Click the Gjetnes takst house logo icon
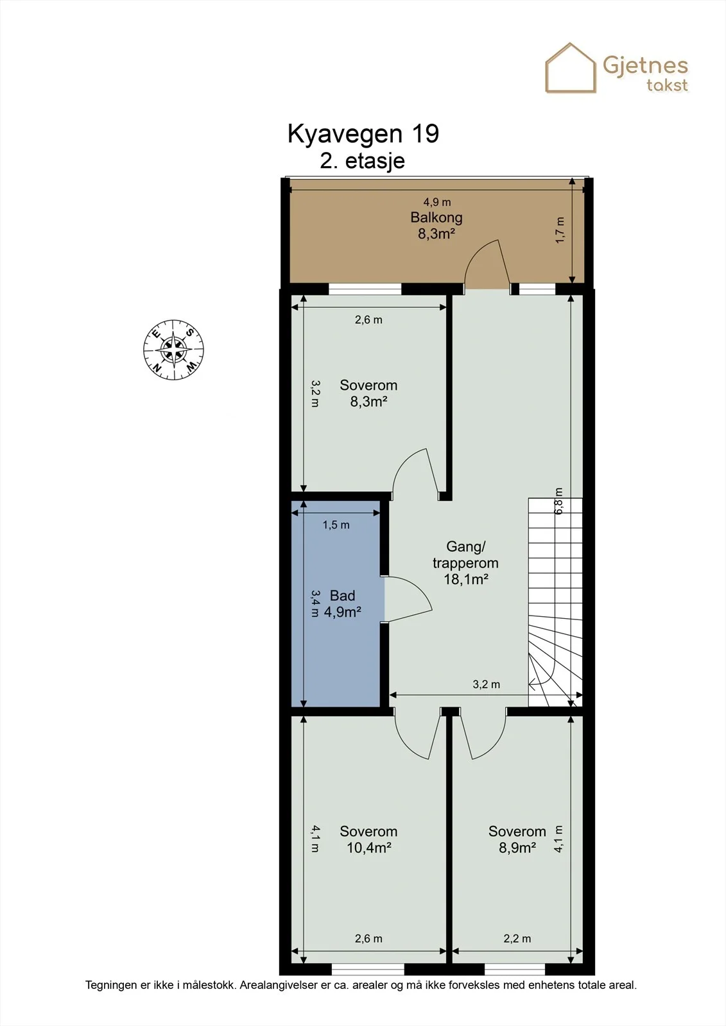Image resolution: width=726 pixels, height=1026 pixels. point(571,68)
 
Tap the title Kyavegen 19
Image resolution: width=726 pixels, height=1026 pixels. point(363,134)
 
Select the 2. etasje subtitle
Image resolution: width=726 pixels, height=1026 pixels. point(362,161)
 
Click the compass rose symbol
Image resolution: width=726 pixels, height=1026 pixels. point(173,349)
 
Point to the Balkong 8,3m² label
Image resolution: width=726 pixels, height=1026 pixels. point(436,225)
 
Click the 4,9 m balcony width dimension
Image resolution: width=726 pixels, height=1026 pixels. point(436,201)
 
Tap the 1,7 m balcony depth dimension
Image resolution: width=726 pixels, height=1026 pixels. point(560,230)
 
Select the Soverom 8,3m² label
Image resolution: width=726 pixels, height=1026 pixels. point(368,393)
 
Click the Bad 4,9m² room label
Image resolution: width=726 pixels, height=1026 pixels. point(343,603)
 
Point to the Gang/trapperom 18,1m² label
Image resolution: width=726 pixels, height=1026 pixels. point(465,562)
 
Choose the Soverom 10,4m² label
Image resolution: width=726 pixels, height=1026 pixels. point(368,839)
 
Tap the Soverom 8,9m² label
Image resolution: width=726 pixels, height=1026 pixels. point(517,839)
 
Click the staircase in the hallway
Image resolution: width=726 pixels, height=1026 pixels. point(555,602)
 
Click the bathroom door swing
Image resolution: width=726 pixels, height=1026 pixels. point(408,600)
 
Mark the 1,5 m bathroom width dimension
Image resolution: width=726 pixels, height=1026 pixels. point(336,525)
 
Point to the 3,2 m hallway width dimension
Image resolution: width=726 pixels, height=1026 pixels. point(486,684)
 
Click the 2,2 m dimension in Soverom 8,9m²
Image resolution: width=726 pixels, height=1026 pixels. point(517,939)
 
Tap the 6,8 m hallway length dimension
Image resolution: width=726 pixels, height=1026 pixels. point(558,501)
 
